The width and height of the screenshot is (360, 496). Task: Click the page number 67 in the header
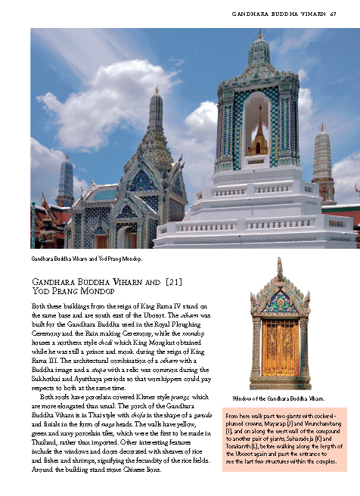(x=334, y=13)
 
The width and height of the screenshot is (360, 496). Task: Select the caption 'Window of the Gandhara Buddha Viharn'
(x=279, y=398)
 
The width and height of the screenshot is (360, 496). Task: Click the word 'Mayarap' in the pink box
(x=279, y=423)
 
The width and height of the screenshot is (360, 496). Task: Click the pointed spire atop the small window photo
(x=280, y=265)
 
